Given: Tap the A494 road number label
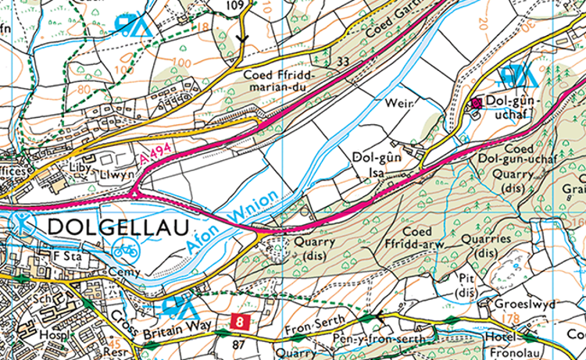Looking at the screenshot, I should pos(155,153).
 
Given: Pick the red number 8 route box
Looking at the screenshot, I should pos(240,321).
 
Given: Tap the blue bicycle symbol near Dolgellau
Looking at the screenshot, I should pos(126,251).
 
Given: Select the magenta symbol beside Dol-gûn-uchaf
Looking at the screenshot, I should pos(476,102).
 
